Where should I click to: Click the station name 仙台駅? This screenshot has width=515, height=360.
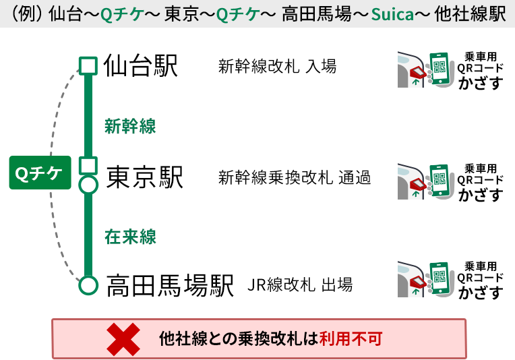(x=141, y=66)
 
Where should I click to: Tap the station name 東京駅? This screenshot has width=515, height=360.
(x=145, y=177)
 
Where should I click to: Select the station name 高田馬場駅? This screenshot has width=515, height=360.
(x=170, y=285)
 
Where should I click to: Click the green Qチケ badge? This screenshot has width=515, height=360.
(x=39, y=173)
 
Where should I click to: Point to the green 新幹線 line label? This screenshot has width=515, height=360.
(x=130, y=125)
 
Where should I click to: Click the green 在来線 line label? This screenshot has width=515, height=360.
(x=130, y=237)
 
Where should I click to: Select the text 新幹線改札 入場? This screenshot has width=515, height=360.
(x=277, y=67)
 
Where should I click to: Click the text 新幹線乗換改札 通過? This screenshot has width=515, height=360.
(x=295, y=178)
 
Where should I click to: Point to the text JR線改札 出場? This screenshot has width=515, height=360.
(x=300, y=285)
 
